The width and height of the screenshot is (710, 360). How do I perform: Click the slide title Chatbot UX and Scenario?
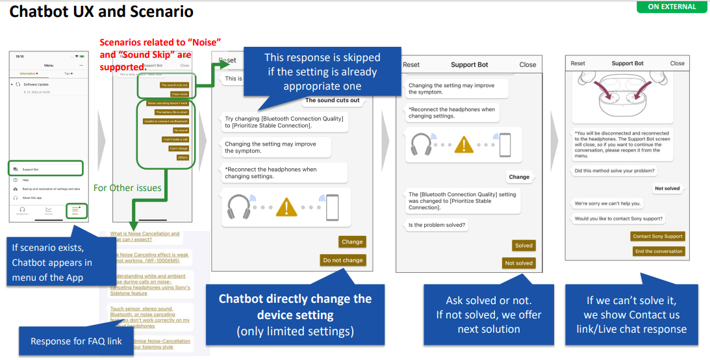[x=101, y=12]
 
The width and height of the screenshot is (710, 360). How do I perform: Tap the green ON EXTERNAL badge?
[x=672, y=6]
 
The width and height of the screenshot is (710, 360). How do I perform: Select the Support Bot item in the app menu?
[x=45, y=169]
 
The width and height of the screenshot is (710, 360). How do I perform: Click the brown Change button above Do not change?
[x=351, y=242]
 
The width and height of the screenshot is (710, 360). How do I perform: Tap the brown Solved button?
[x=523, y=246]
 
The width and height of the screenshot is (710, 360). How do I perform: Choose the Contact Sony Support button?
[x=657, y=237]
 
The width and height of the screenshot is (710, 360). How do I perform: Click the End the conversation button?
[x=658, y=251]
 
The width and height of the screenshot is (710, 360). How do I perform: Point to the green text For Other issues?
[x=127, y=188]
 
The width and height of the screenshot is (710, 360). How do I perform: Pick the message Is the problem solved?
[x=437, y=225]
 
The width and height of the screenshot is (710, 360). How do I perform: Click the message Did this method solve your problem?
[x=615, y=171]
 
